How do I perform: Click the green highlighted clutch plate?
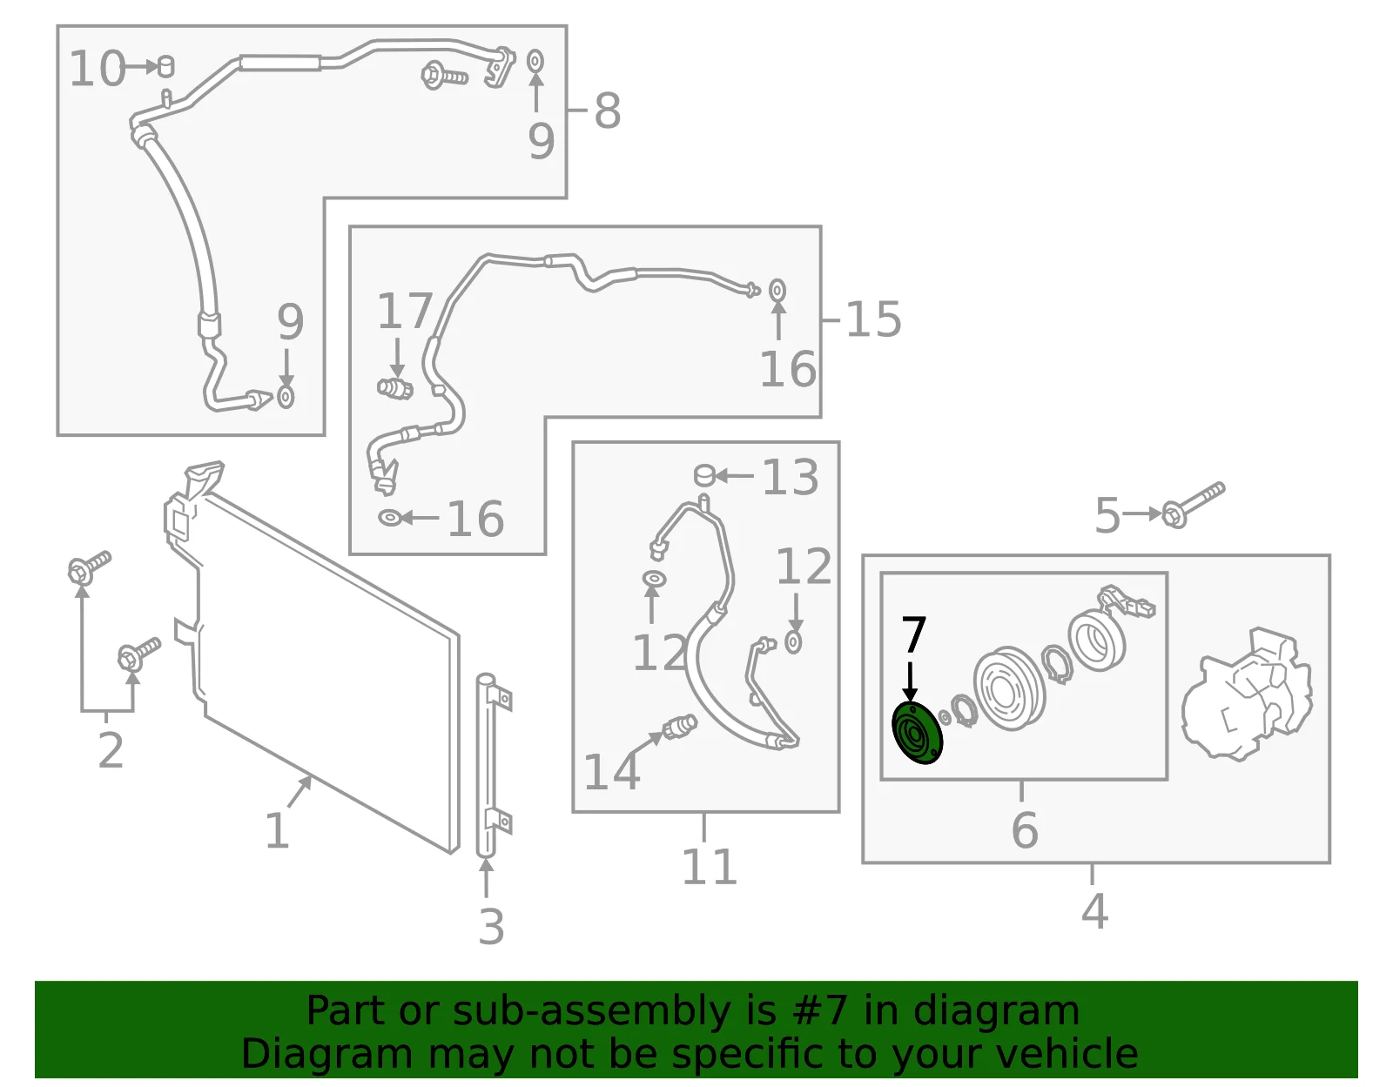(917, 733)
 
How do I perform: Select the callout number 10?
(98, 69)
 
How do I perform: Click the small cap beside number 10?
(165, 65)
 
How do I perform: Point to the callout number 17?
(405, 311)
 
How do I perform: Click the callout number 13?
(790, 477)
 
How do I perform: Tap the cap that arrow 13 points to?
(704, 476)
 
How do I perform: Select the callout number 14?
(611, 771)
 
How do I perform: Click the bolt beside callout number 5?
(1193, 506)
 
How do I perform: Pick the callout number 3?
(492, 926)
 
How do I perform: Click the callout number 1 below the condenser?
(277, 831)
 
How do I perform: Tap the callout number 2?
(111, 750)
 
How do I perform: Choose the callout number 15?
(873, 319)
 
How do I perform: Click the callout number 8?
(607, 111)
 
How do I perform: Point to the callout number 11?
(709, 867)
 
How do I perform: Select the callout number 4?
(1094, 911)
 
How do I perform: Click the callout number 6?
(1025, 830)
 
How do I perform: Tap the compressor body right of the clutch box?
(1246, 695)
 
